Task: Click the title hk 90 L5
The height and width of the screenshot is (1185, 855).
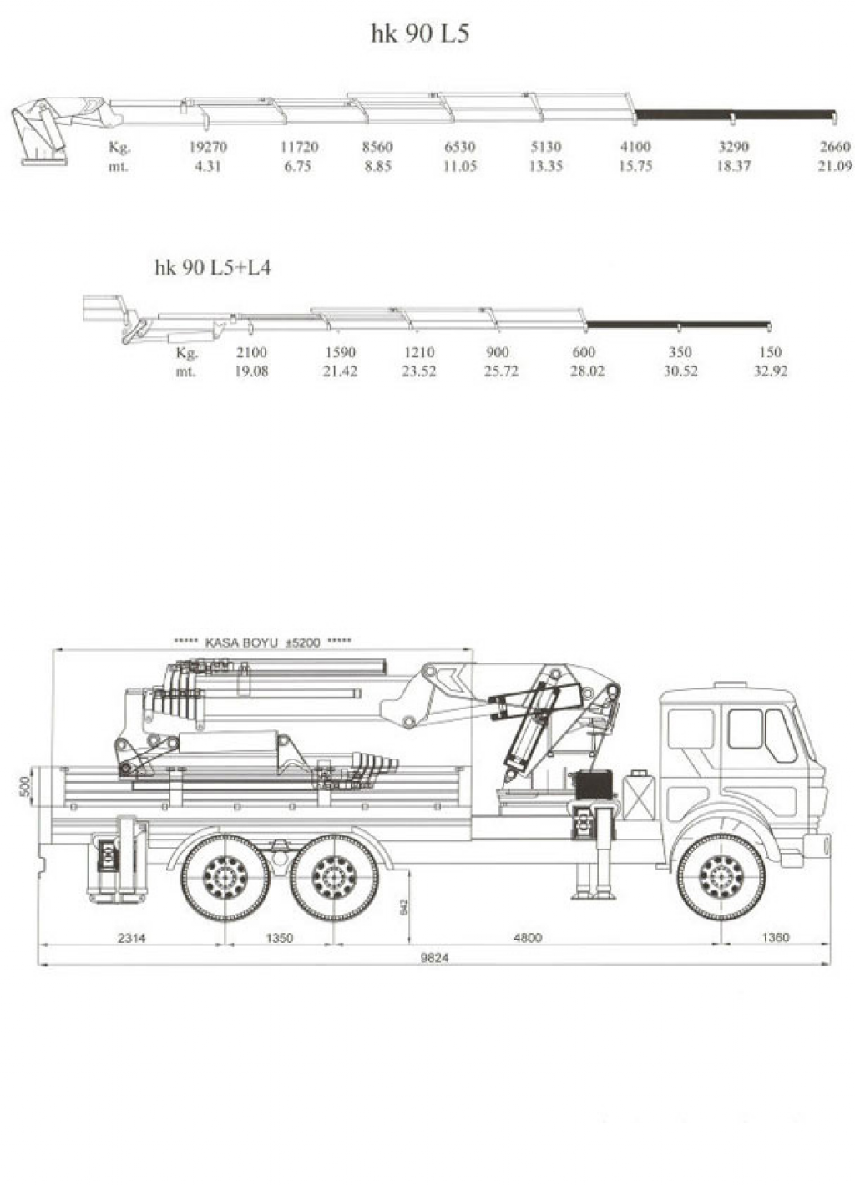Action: coord(420,34)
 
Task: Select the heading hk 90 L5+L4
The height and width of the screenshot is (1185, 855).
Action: coord(213,268)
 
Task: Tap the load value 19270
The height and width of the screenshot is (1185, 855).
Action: coord(208,147)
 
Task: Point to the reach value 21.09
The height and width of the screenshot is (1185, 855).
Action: coord(835,166)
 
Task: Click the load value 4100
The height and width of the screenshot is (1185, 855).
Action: coord(635,147)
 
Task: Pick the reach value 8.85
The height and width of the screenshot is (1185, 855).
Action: coord(377,166)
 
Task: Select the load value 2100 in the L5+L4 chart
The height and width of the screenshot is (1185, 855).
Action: coord(251,352)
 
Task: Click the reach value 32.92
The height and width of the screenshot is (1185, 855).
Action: coord(771,371)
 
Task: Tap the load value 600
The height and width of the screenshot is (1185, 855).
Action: coord(584,352)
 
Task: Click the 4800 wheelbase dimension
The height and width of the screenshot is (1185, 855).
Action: coord(528,938)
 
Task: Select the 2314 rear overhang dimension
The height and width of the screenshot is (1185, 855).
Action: coord(131,938)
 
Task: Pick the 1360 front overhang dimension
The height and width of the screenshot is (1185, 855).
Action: coord(775,938)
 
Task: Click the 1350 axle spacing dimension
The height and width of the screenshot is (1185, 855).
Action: coord(279,938)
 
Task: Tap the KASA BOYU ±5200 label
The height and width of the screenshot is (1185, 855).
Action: coord(262,643)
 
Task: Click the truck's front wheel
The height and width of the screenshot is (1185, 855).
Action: coord(721,878)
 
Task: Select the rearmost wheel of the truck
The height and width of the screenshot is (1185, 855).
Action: coord(225,878)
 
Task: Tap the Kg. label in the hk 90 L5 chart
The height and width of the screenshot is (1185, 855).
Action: coord(119,147)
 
